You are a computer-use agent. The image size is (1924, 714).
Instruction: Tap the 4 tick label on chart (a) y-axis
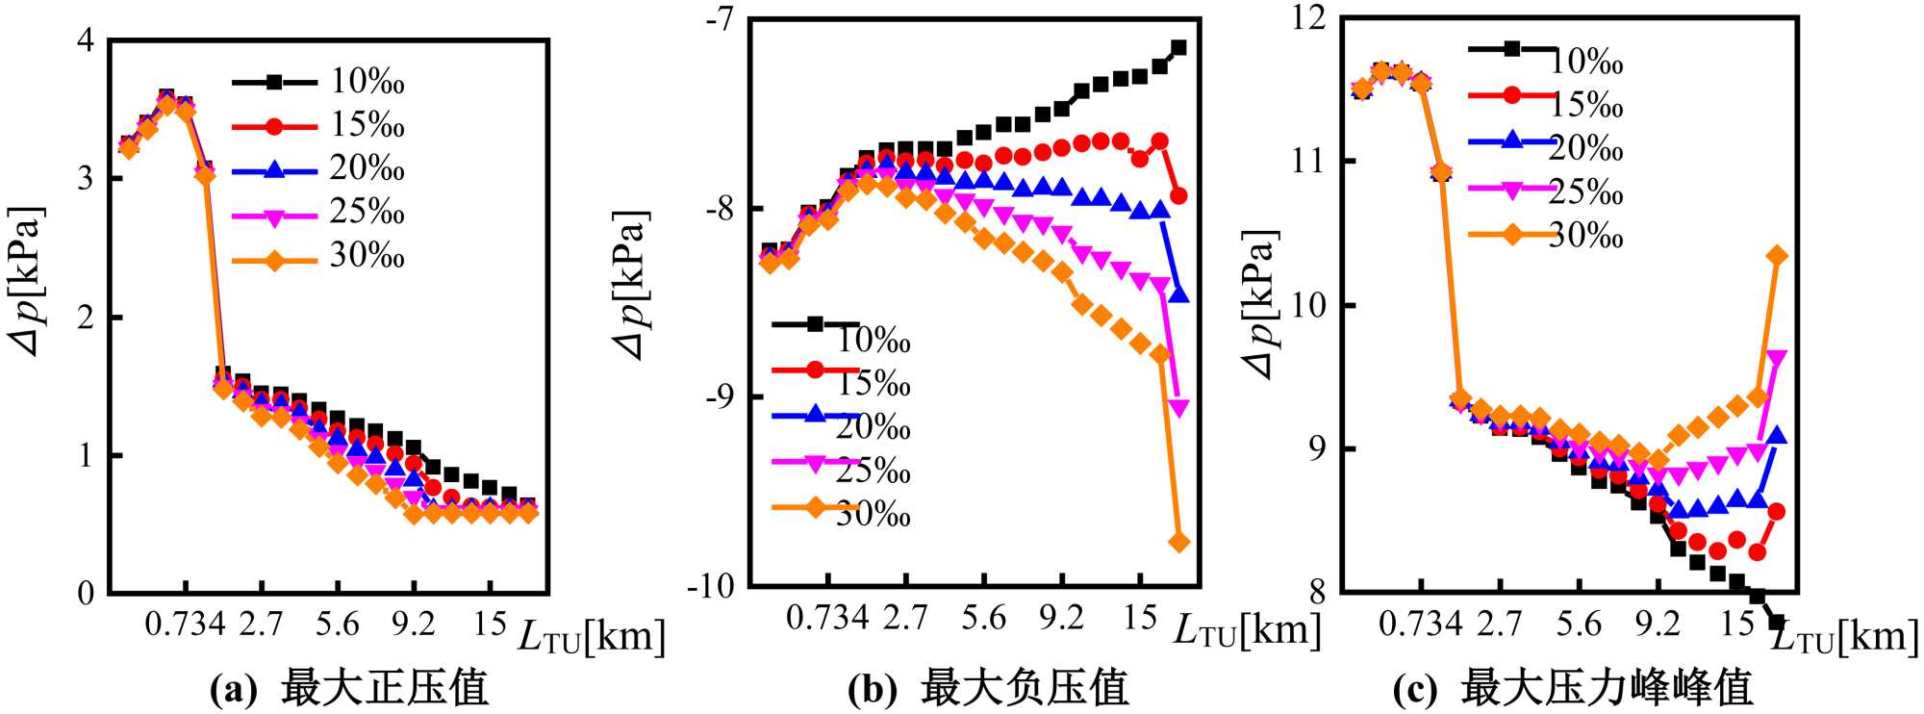[87, 40]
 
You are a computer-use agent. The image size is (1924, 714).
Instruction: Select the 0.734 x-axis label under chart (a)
[185, 624]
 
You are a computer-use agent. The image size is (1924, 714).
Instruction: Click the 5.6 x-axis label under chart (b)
[983, 618]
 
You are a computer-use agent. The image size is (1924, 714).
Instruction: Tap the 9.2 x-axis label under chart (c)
[1658, 624]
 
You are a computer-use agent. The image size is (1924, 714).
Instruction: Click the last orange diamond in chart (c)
[1777, 255]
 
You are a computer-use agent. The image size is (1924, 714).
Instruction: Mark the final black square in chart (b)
[1178, 47]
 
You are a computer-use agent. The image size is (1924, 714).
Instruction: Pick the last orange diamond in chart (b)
[1178, 543]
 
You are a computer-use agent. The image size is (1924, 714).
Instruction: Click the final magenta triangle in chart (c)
[1777, 359]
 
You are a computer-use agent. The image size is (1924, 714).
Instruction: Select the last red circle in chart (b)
[1178, 196]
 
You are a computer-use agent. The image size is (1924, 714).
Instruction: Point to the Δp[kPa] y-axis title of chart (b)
[633, 285]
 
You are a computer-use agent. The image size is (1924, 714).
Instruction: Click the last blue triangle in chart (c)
[1777, 435]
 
